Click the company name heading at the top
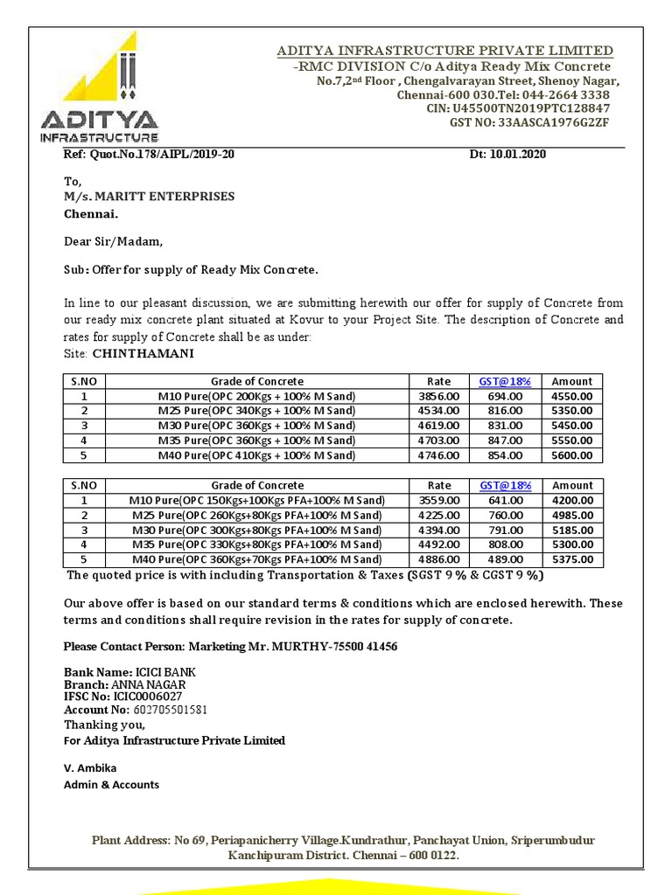[x=444, y=51]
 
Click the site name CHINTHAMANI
[x=143, y=353]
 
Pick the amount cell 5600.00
[x=572, y=455]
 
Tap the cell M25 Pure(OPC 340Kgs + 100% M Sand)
[x=256, y=411]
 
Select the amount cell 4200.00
[x=572, y=500]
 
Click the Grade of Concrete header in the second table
[x=256, y=485]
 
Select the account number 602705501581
[x=171, y=710]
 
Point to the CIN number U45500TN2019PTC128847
[x=530, y=108]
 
